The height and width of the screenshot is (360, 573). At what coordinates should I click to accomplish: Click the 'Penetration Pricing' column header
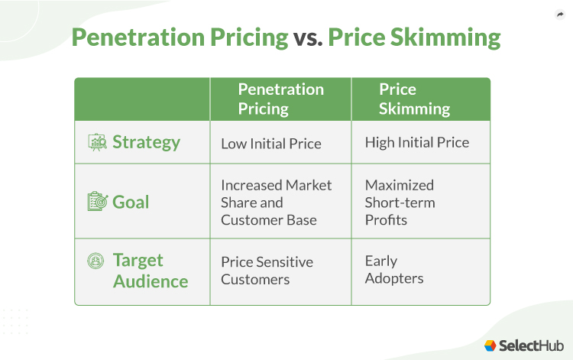point(280,99)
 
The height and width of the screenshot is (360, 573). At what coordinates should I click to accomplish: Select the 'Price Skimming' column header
point(414,99)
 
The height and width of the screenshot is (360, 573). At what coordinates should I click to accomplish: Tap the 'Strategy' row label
point(146,142)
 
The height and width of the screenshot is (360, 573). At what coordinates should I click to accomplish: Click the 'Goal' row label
point(131,202)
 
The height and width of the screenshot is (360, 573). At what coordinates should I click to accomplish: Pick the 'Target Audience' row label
point(151,271)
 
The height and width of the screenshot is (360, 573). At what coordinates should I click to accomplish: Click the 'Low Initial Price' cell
point(270,143)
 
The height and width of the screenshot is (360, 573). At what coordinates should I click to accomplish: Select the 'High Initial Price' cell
point(416,142)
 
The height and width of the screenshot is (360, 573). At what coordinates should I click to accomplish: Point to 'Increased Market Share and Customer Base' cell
point(276,203)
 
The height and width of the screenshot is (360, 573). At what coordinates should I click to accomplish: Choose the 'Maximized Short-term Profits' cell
point(400,203)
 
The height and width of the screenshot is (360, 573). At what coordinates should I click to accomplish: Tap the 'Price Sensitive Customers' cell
point(267,271)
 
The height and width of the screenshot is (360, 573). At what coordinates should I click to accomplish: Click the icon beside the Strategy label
point(97,142)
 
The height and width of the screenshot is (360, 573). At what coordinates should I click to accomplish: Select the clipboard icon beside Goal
point(96,202)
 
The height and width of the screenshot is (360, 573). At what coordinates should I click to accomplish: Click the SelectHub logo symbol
point(490,345)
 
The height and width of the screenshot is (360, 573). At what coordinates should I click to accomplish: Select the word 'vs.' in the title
point(308,37)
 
